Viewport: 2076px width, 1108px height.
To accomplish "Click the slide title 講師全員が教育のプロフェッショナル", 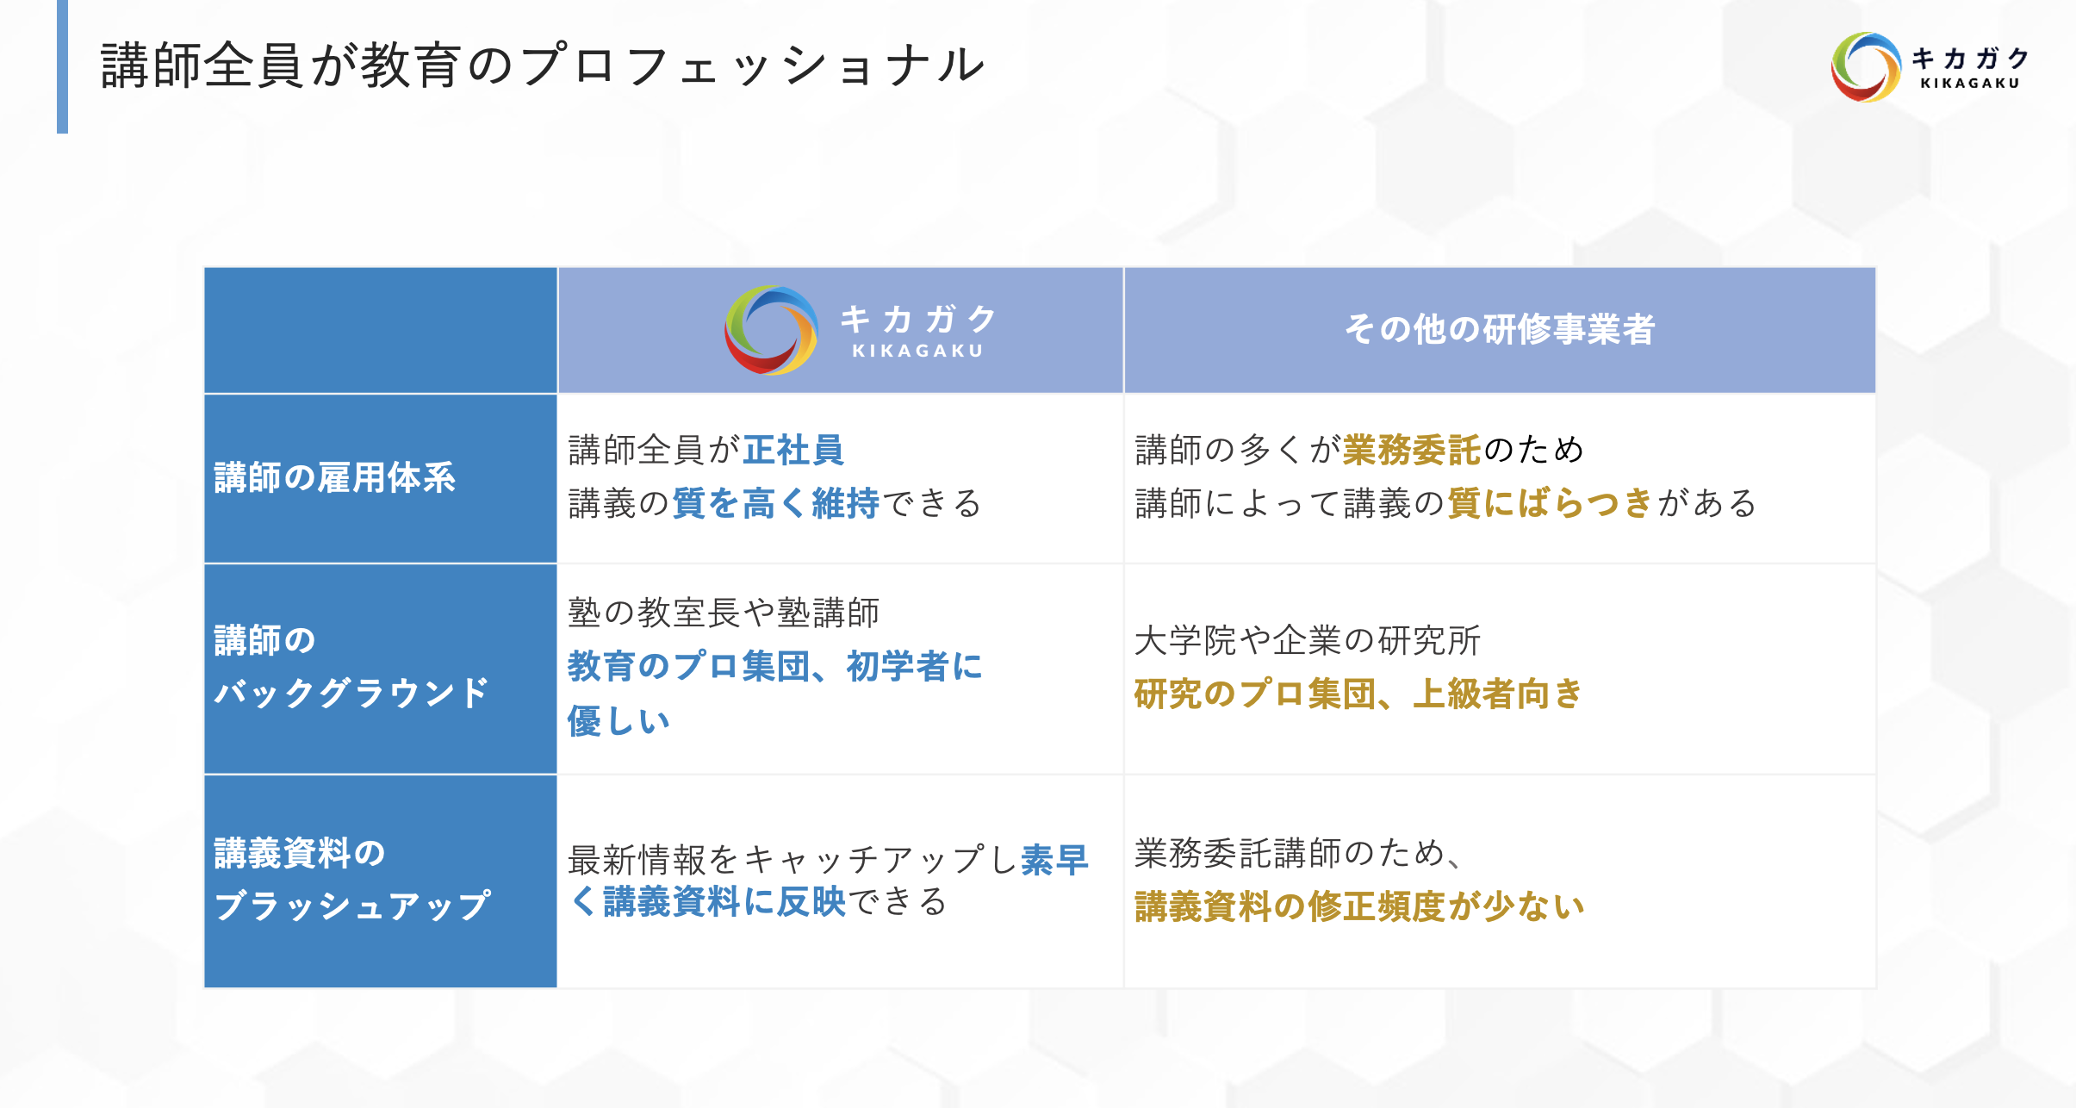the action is point(543,65).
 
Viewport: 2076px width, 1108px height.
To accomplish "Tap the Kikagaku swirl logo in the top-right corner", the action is point(1866,67).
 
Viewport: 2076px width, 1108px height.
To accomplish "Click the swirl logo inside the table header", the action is point(771,330).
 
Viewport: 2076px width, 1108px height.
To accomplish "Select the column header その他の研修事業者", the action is point(1500,329).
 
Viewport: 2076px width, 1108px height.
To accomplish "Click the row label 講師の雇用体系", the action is point(334,477).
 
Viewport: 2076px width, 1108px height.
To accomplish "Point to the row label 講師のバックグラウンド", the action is point(351,667).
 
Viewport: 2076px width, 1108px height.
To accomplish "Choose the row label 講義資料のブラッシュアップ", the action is point(352,880).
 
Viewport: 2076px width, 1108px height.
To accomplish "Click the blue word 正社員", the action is point(793,450).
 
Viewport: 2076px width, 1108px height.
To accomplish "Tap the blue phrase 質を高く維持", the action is point(775,503).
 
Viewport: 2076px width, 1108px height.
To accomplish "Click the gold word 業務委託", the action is point(1412,450).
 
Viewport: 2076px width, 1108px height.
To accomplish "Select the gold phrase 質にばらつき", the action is point(1550,503).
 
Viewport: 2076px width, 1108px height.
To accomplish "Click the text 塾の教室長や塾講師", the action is point(724,613).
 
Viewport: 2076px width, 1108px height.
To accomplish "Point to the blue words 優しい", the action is point(618,721).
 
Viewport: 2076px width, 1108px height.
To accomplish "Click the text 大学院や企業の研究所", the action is point(1307,640).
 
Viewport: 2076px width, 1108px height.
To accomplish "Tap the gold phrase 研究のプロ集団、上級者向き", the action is point(1358,694).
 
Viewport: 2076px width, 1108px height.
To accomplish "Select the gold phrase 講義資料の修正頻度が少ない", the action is point(1359,906).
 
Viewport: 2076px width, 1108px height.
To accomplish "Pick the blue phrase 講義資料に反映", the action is point(724,901).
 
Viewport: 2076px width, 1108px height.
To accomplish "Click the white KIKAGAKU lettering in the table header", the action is point(917,351).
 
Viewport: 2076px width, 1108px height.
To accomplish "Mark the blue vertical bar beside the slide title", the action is point(62,66).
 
